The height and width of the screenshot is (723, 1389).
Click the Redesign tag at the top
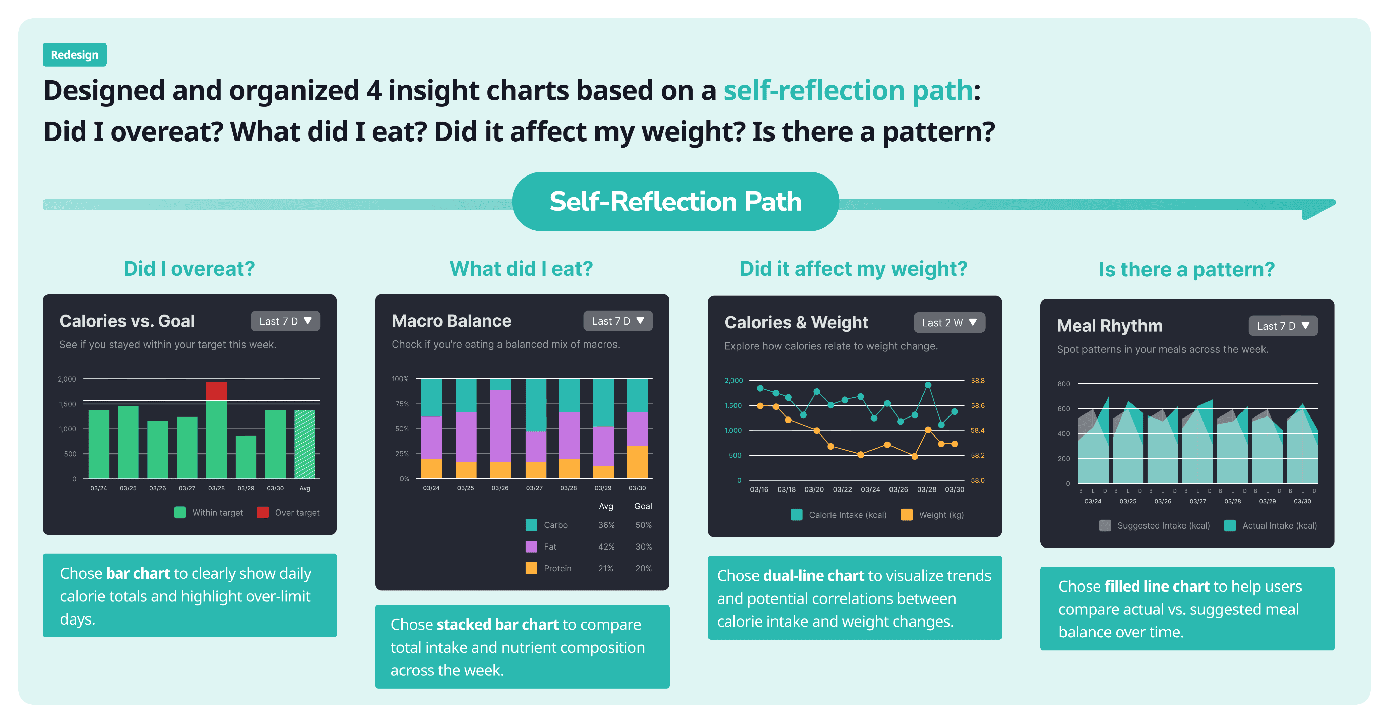tap(74, 55)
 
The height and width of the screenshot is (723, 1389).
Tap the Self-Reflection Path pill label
tap(675, 202)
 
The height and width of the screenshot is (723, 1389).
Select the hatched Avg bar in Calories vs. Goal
tap(305, 444)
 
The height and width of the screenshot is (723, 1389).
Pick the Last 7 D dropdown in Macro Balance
tap(618, 321)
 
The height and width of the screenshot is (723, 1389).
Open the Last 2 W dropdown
tap(949, 323)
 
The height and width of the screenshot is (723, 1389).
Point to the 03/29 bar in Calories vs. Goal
tap(246, 457)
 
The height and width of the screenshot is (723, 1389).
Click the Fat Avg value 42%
tap(606, 546)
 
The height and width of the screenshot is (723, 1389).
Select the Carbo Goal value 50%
tap(643, 525)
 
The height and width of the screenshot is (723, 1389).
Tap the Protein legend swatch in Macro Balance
tap(531, 568)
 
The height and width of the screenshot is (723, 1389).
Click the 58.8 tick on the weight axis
tap(978, 381)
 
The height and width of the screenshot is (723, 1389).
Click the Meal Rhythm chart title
tap(1109, 326)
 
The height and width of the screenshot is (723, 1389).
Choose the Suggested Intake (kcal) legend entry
tap(1163, 525)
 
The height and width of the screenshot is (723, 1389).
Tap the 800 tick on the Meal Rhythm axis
tap(1063, 384)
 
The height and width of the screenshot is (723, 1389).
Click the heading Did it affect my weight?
tap(854, 269)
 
